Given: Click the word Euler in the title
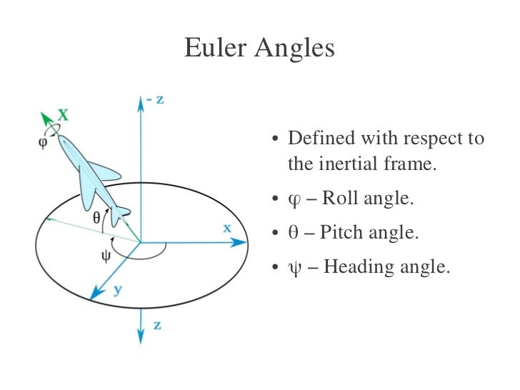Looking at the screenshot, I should click(214, 49).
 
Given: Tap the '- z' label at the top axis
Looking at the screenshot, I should click(155, 99).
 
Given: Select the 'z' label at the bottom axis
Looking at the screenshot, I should click(156, 325).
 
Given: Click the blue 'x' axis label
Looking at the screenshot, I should click(226, 228).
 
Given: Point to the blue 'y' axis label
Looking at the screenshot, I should click(116, 289).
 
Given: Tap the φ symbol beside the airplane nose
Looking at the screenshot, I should click(43, 141).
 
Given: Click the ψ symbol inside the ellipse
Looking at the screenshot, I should click(105, 256).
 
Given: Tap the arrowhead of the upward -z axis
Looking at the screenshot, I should click(139, 102).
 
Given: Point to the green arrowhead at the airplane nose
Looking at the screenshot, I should click(46, 117).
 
